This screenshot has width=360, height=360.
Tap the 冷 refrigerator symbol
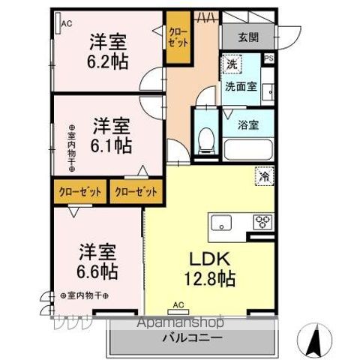265,177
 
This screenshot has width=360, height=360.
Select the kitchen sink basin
222,223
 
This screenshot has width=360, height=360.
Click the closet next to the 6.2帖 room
178,37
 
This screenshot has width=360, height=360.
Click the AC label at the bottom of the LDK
178,304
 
